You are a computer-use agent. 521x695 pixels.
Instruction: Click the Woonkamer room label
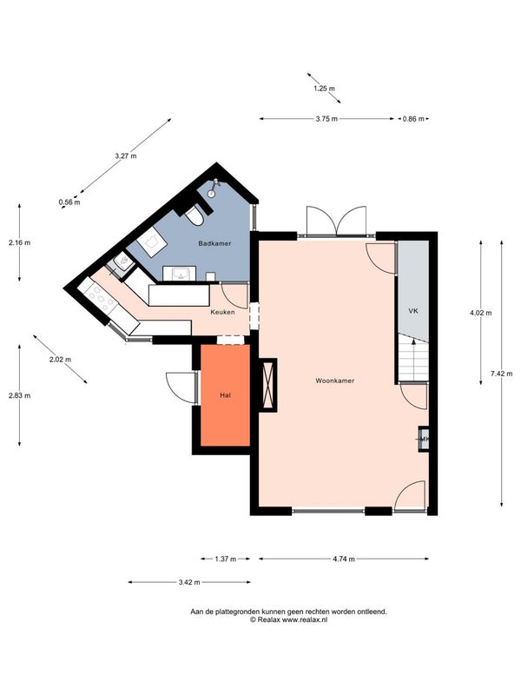click(x=334, y=381)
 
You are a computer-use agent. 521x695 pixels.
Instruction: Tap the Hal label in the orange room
click(x=225, y=395)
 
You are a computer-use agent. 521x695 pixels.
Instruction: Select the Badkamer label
click(x=214, y=243)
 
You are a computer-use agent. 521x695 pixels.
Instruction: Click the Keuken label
click(x=222, y=312)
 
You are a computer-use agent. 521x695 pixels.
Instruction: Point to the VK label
click(x=413, y=310)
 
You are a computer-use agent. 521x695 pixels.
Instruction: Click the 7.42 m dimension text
click(x=502, y=374)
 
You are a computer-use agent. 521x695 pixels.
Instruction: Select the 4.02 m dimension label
click(x=480, y=313)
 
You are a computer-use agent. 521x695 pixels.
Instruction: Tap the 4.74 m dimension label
click(x=344, y=559)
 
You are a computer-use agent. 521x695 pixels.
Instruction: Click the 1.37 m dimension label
click(x=214, y=559)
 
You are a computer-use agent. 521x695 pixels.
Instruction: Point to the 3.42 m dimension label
click(x=189, y=582)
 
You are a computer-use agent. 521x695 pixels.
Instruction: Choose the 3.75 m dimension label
click(x=327, y=118)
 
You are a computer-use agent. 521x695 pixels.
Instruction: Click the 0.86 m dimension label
click(x=412, y=118)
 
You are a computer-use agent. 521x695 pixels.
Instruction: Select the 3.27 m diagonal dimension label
click(x=127, y=156)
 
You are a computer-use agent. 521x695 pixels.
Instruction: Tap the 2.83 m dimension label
click(x=19, y=395)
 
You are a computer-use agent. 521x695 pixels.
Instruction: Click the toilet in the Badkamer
click(x=195, y=215)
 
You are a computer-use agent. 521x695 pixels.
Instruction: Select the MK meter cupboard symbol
click(x=424, y=440)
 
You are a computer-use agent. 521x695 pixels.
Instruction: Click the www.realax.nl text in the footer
click(x=300, y=619)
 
